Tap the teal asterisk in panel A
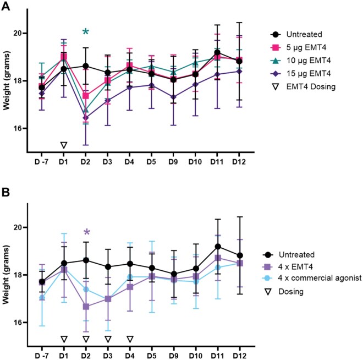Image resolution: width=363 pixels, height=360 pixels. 86,32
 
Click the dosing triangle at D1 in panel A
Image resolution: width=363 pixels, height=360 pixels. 64,145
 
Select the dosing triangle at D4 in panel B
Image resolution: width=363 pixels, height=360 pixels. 130,339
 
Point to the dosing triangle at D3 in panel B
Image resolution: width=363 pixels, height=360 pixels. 108,339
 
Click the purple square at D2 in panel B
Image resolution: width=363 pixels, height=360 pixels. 86,307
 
